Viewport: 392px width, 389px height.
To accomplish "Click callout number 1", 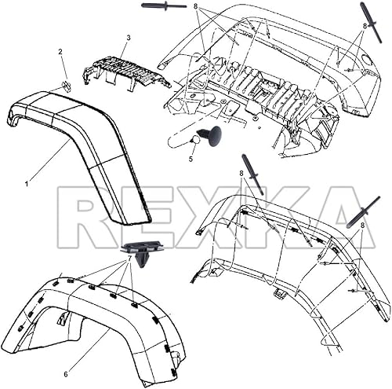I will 26,183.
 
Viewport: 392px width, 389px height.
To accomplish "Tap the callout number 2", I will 60,52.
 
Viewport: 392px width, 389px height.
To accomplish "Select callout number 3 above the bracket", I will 128,37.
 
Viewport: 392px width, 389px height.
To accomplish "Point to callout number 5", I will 190,158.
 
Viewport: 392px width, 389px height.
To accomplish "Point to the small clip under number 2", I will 67,86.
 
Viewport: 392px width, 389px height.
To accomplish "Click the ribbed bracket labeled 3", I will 125,71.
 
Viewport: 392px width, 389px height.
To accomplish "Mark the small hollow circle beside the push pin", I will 193,139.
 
